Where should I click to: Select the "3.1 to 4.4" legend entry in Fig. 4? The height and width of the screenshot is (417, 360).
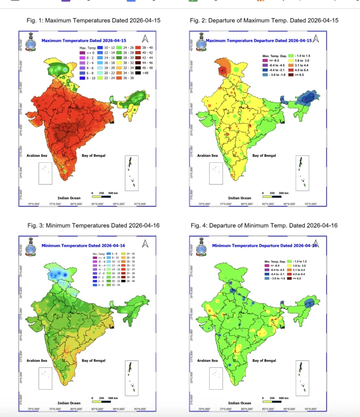(301, 270)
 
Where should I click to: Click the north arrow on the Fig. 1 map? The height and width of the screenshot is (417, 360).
(145, 39)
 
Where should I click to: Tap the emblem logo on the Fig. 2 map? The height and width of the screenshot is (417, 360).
(199, 43)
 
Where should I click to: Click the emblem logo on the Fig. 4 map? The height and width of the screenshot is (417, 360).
(199, 248)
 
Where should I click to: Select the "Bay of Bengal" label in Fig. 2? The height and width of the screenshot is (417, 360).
(264, 156)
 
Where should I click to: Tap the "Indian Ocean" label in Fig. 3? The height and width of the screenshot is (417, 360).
(69, 403)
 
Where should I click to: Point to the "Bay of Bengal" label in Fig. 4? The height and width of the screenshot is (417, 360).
(264, 360)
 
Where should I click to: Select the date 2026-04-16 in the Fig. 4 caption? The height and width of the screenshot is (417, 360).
(322, 225)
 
